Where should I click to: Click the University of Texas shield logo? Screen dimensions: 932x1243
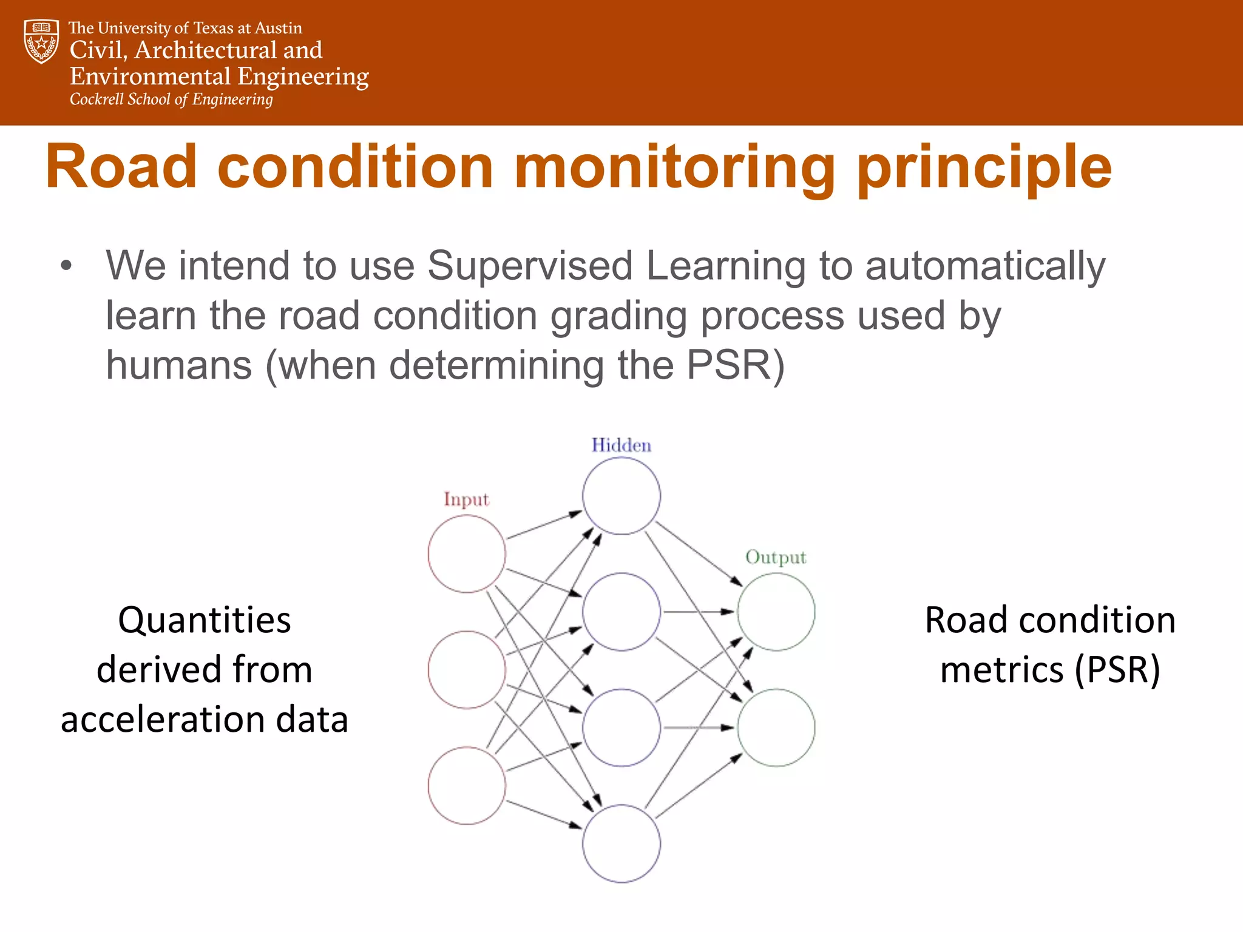tap(41, 41)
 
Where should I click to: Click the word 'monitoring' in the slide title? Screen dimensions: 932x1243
tap(674, 166)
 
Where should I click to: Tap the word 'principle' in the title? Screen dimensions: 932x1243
tap(984, 167)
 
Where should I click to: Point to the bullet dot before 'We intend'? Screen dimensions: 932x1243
tap(66, 266)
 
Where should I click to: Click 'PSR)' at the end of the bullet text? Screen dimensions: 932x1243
tap(735, 365)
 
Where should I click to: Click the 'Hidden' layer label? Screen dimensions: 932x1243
tap(621, 445)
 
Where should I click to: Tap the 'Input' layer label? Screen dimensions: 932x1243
tap(466, 499)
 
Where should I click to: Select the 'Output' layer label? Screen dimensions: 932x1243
tap(775, 557)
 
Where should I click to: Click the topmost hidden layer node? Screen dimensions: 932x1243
tap(621, 496)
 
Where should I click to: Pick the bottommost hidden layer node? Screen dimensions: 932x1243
tap(621, 843)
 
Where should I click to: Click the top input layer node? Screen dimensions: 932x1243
tap(466, 553)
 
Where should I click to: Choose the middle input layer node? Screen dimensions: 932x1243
tap(466, 669)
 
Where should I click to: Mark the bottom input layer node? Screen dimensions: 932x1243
tap(466, 785)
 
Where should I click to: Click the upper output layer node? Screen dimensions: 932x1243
tap(776, 612)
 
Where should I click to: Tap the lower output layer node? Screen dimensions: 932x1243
tap(776, 728)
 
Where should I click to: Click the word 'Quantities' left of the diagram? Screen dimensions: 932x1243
tap(204, 621)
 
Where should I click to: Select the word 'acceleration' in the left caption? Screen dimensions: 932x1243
tap(161, 720)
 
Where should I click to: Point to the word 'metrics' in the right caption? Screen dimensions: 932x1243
tap(1001, 670)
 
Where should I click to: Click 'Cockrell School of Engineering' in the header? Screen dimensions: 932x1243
tap(171, 100)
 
